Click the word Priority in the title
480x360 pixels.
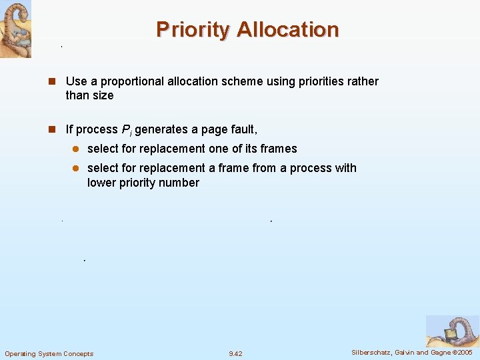tap(193, 30)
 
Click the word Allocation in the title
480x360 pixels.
tap(287, 30)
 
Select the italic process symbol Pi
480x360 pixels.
tap(125, 129)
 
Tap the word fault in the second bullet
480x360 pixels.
tap(243, 129)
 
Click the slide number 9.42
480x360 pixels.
tap(235, 354)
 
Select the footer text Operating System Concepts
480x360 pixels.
tap(49, 354)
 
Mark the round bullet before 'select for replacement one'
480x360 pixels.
tap(76, 149)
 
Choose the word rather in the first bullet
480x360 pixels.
tap(363, 81)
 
